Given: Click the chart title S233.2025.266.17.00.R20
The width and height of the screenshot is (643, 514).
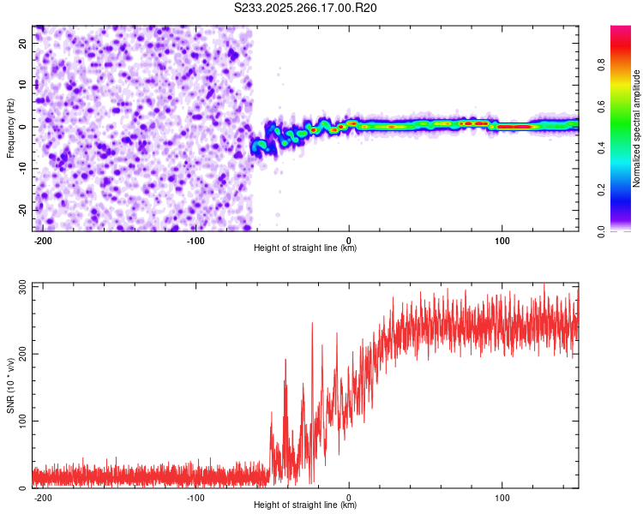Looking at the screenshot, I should [x=306, y=8].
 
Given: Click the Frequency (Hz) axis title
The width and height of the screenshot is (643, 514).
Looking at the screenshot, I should [x=11, y=127].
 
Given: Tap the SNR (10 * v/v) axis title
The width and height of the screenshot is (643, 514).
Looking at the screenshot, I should [x=11, y=385].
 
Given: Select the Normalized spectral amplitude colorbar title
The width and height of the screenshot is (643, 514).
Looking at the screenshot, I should [x=636, y=128].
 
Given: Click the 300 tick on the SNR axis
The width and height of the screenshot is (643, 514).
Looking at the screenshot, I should [x=21, y=286].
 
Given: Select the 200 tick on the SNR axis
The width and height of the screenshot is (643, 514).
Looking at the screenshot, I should [x=21, y=353].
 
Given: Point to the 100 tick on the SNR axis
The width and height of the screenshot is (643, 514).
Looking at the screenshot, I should [x=21, y=421].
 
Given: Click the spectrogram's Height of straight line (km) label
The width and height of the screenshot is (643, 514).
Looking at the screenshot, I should [x=305, y=248].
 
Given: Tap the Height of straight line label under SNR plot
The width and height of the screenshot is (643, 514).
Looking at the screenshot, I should [x=305, y=505].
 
